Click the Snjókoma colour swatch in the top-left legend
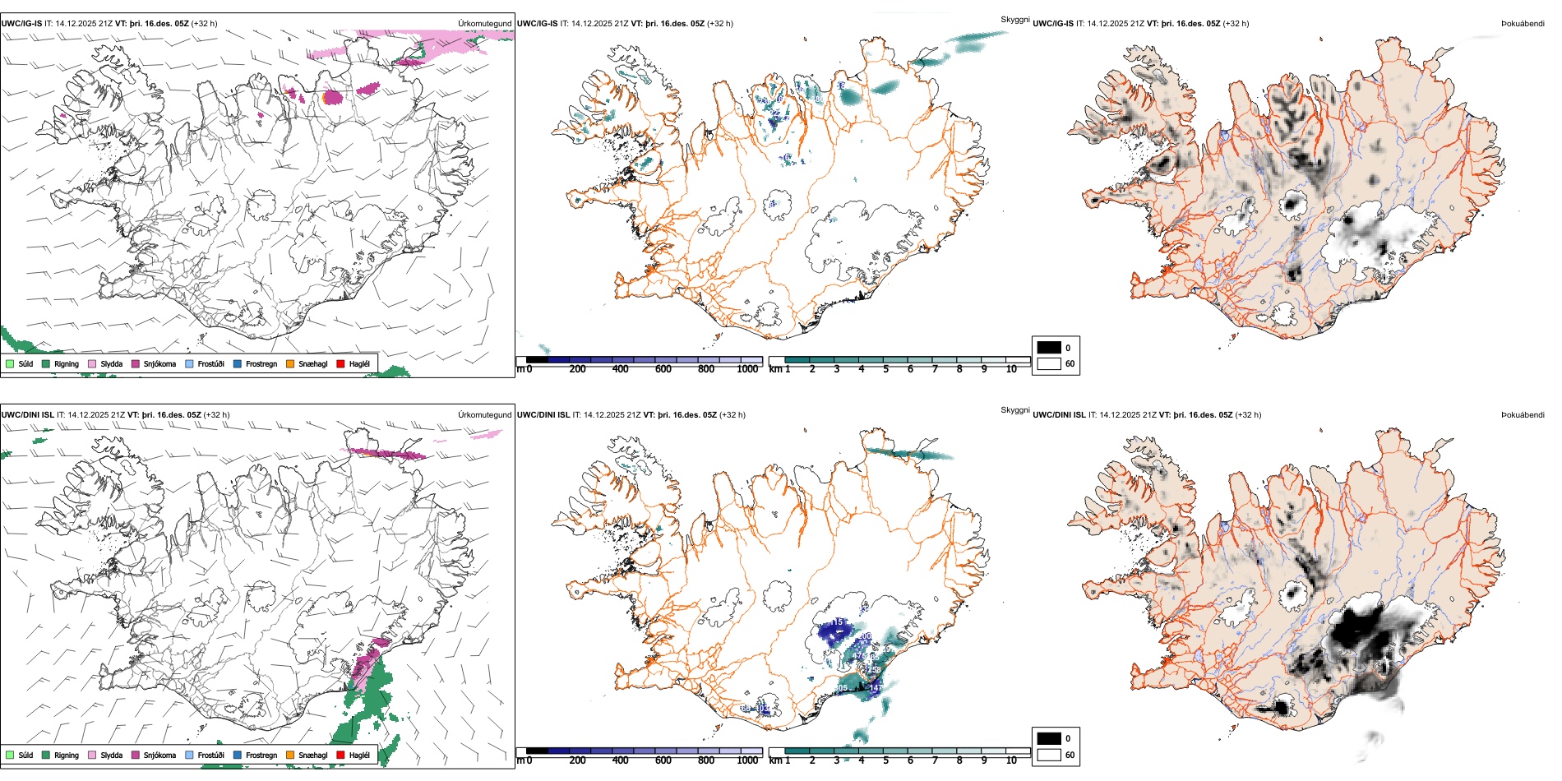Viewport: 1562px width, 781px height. (136, 363)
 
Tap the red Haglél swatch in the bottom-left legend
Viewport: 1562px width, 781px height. (340, 755)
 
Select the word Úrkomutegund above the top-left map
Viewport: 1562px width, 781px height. (484, 24)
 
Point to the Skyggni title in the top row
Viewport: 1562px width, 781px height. (1014, 19)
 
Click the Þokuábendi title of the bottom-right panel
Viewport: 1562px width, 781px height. (1523, 415)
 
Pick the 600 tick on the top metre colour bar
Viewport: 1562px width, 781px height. (663, 369)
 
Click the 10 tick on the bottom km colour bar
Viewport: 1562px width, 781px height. (1011, 760)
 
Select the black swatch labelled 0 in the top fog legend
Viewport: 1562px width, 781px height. (1049, 348)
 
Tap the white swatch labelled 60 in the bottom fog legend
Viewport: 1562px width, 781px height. (1049, 755)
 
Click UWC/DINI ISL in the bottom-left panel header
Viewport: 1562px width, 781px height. (27, 415)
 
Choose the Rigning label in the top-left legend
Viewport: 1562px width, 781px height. (67, 363)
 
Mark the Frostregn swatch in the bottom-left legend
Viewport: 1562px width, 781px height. (238, 755)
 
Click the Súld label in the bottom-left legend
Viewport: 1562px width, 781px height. (25, 755)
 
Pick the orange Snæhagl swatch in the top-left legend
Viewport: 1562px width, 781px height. (290, 363)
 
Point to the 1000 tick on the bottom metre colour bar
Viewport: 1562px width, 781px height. (747, 760)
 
